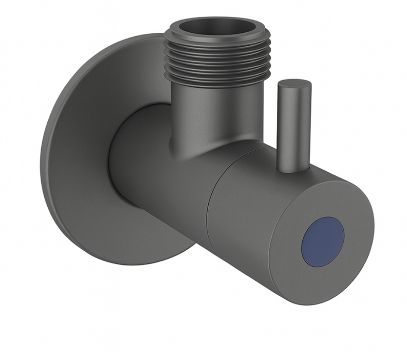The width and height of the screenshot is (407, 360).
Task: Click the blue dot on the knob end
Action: (322, 241)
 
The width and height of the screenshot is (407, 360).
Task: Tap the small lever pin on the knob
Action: (292, 129)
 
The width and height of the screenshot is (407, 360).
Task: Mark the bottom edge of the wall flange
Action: (128, 263)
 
